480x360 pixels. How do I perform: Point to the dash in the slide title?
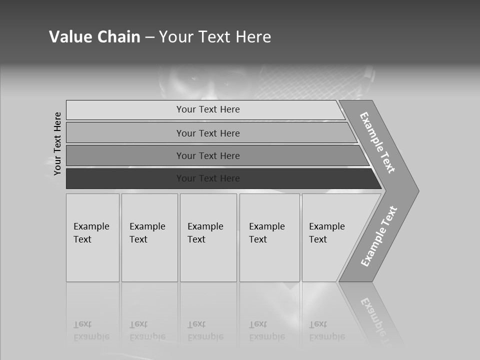pos(149,37)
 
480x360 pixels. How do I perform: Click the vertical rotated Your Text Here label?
pos(57,143)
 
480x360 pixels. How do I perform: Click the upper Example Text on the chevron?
pos(377,142)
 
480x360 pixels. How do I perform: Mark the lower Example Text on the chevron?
pos(378,236)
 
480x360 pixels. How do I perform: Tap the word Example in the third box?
pos(205,226)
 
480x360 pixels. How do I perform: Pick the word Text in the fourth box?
pos(258,239)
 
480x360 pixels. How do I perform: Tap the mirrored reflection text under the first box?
pos(91,330)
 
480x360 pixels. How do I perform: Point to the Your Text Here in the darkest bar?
pos(208,178)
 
